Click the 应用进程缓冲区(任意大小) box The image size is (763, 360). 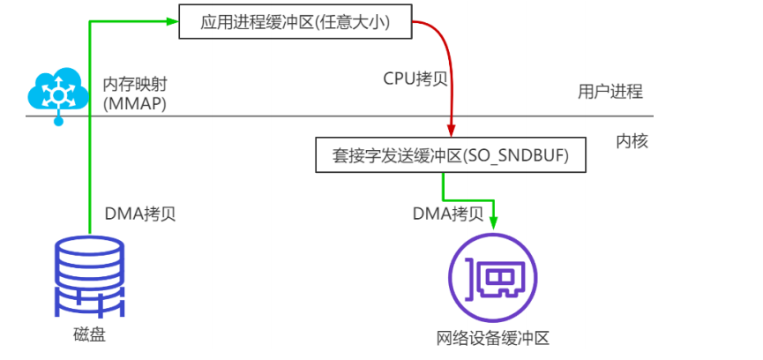[x=295, y=22]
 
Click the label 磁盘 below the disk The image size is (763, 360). [x=89, y=335]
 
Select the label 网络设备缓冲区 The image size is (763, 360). [x=492, y=339]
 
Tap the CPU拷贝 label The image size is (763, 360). [x=415, y=78]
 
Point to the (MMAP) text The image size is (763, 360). [x=135, y=104]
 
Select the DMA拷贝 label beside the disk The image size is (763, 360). [x=140, y=214]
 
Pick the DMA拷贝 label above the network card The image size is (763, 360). [x=448, y=214]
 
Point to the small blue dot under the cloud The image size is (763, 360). [x=59, y=122]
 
